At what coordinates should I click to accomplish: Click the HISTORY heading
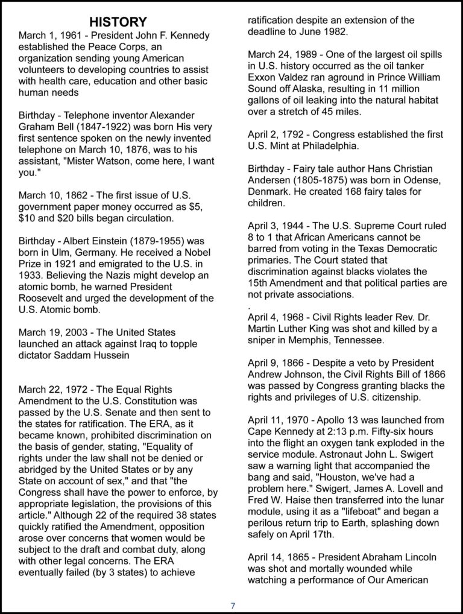click(118, 22)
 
